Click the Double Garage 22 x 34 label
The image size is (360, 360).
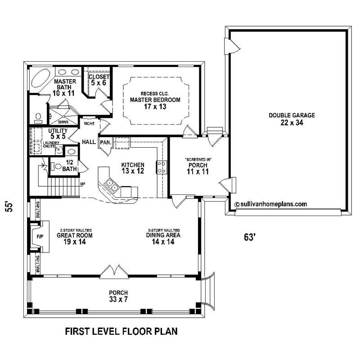(292, 119)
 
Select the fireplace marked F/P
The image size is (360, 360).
(39, 236)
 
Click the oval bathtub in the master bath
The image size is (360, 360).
(40, 79)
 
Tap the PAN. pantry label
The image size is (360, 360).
(105, 142)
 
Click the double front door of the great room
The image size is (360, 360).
(115, 271)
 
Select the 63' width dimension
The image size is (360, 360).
(250, 238)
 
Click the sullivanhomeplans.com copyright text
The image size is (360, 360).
(271, 203)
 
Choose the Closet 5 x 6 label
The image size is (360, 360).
(98, 80)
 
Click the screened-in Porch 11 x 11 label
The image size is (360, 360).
(198, 168)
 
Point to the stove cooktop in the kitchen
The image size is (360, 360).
(161, 166)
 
